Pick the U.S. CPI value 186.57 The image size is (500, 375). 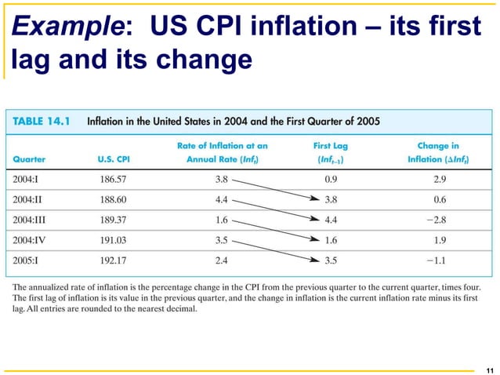click(117, 177)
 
